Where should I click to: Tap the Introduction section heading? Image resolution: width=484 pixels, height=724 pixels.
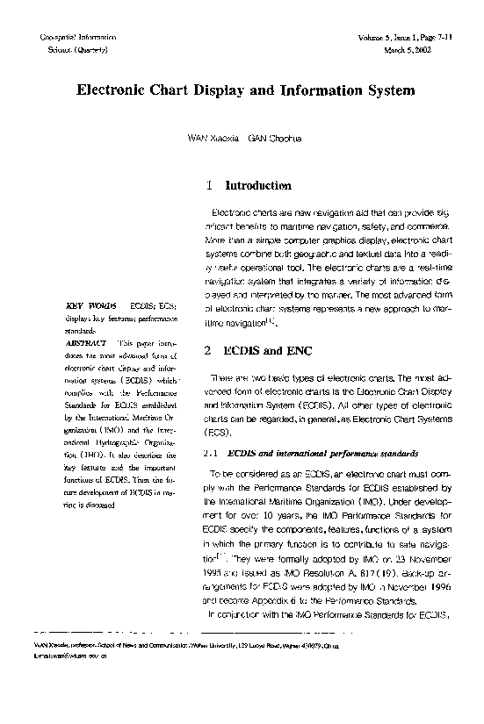(x=258, y=186)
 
